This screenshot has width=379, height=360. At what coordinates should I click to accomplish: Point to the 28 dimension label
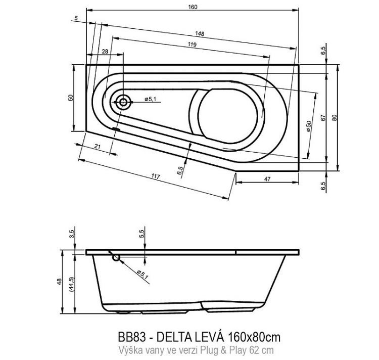[105, 52]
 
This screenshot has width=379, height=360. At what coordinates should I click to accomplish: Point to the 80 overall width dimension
[334, 117]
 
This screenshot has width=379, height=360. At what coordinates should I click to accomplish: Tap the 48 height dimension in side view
[60, 281]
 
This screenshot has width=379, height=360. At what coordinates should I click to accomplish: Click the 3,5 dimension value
[71, 234]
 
